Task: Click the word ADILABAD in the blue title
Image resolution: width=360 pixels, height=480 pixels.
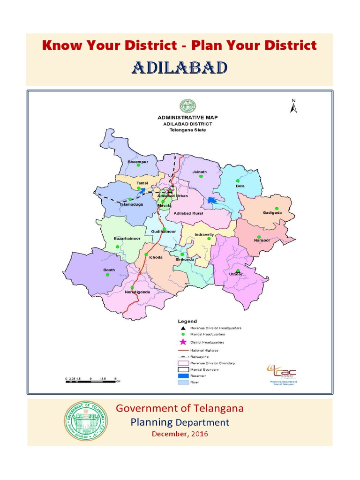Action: (x=180, y=68)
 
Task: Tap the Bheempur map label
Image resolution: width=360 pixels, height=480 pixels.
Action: (x=138, y=161)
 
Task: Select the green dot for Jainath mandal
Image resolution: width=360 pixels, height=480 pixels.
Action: (x=201, y=177)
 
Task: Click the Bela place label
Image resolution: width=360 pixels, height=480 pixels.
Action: (x=240, y=186)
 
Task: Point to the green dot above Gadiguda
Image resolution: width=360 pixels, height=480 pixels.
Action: (x=277, y=208)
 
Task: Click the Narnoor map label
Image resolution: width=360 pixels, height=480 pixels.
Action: (x=262, y=240)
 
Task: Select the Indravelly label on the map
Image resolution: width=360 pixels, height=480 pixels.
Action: (x=204, y=234)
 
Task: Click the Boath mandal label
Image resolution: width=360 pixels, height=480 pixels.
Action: (x=109, y=270)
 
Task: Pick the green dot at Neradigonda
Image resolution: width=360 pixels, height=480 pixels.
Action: (x=133, y=287)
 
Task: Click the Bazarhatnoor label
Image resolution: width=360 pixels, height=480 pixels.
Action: (x=127, y=239)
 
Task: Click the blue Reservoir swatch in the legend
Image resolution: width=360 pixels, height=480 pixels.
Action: (x=183, y=375)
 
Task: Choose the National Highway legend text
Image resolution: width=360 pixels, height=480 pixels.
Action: (x=204, y=350)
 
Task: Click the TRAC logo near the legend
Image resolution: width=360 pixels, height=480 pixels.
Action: (x=282, y=372)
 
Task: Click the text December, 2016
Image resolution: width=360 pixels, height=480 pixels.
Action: (x=180, y=434)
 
